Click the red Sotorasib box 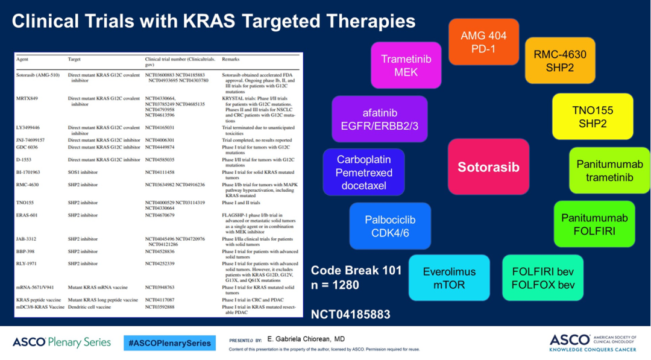[x=488, y=167]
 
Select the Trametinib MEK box [x=406, y=65]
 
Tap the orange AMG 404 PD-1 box [x=483, y=42]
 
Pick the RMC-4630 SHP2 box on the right [x=559, y=60]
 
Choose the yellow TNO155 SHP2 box [x=593, y=116]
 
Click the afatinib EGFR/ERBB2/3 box [x=380, y=119]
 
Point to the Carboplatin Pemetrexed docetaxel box [x=363, y=172]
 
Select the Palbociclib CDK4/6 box [x=390, y=226]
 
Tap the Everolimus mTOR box [x=449, y=277]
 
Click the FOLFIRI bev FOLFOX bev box [x=543, y=277]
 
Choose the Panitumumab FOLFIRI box [x=594, y=224]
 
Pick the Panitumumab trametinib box [x=609, y=170]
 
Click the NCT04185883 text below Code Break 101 [x=350, y=315]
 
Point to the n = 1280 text [x=335, y=285]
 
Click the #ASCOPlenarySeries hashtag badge [x=170, y=343]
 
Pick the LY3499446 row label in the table [x=28, y=128]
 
